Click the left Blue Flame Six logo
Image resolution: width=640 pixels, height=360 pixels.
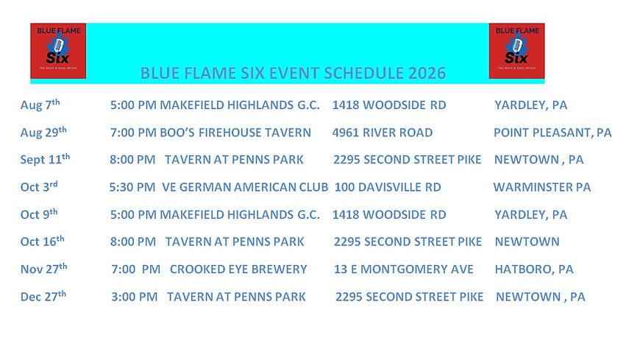(x=58, y=51)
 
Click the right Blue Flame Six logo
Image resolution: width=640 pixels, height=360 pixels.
(x=516, y=51)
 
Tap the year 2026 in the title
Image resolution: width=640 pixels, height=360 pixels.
(x=427, y=73)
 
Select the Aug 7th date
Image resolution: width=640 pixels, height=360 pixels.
(x=40, y=105)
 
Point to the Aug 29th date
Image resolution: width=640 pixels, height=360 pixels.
(x=43, y=132)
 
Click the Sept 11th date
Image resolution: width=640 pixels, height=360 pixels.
(x=45, y=159)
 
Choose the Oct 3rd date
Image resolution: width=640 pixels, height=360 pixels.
(x=39, y=187)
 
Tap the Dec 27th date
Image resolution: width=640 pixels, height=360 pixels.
(x=43, y=296)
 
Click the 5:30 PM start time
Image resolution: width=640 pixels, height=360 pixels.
(x=132, y=187)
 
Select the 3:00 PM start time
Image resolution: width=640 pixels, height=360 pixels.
(x=135, y=297)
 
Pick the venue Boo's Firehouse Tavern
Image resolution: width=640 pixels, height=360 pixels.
(x=235, y=133)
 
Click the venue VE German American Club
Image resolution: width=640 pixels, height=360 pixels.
(x=245, y=187)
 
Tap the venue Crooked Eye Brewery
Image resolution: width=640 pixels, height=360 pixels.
(x=238, y=269)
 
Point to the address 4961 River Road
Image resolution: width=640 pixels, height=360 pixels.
(x=383, y=133)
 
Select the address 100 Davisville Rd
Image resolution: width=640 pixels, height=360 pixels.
(x=388, y=187)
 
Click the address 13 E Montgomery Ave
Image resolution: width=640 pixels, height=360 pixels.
(x=404, y=269)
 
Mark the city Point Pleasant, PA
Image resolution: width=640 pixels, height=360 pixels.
(x=552, y=133)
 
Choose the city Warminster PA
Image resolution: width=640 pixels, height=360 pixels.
(x=542, y=187)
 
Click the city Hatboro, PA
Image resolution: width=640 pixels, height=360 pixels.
(x=534, y=269)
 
